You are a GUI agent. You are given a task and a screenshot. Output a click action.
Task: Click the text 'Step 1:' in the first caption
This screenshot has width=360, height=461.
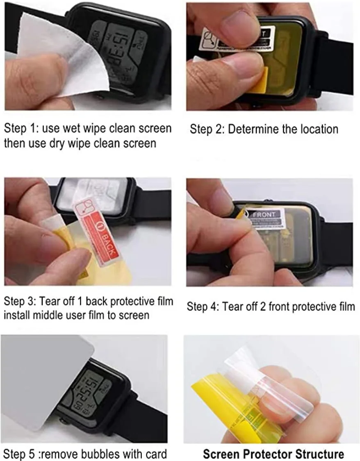click(x=18, y=129)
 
